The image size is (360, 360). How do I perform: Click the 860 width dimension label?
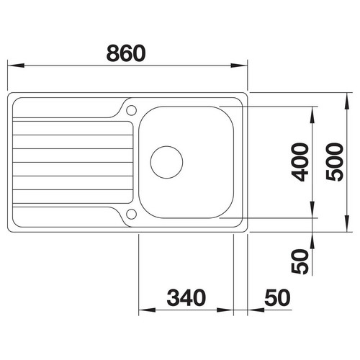126,53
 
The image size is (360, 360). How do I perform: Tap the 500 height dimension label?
335,162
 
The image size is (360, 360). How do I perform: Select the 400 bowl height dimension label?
300,162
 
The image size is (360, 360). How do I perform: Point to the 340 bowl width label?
186,298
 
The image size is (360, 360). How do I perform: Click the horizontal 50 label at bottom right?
277,298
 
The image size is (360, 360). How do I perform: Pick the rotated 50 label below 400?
300,261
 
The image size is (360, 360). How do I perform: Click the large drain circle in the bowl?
166,162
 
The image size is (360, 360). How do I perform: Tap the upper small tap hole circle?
131,110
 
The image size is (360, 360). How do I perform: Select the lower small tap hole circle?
131,214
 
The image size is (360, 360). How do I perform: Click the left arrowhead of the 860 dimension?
16,66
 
